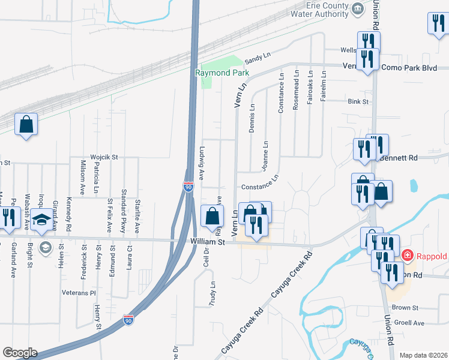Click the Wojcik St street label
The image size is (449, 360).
tap(105, 157)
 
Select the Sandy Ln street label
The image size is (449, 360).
tap(259, 58)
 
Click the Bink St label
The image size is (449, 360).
tap(358, 102)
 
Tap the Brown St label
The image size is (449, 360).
tap(405, 308)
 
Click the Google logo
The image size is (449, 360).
tap(20, 353)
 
